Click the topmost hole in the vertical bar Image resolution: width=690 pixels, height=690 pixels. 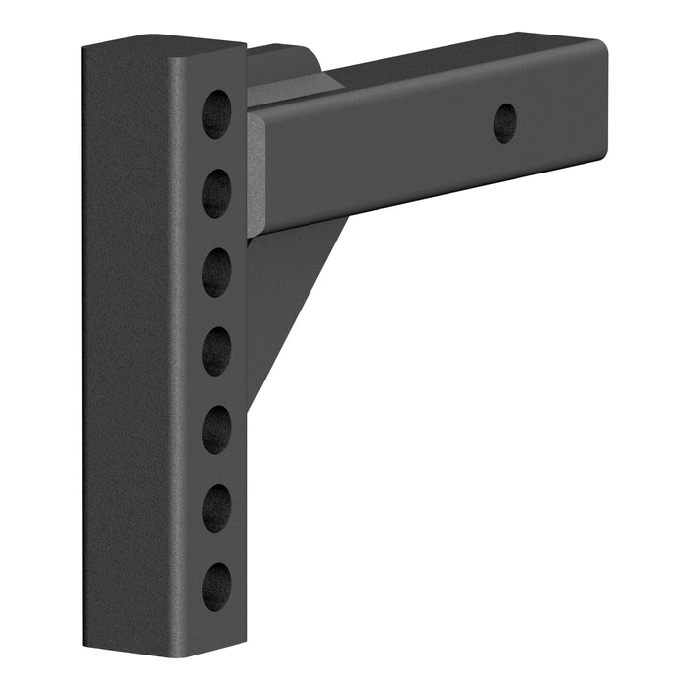216,113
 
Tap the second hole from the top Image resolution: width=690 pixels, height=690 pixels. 216,192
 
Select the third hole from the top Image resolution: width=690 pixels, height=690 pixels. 216,272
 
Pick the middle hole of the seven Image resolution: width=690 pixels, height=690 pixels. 216,350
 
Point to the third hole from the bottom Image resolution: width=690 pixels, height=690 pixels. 216,430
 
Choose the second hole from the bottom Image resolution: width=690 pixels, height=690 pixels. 216,509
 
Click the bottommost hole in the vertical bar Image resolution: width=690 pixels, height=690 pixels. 216,587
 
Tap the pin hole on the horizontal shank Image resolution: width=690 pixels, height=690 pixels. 505,122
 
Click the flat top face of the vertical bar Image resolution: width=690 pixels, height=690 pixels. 163,47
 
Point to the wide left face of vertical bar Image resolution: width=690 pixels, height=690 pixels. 128,345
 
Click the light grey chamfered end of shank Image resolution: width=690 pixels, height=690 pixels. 255,172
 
